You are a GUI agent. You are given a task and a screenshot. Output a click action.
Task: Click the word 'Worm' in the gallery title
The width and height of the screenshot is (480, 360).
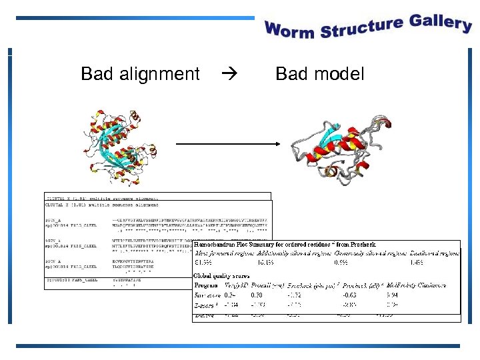(x=289, y=30)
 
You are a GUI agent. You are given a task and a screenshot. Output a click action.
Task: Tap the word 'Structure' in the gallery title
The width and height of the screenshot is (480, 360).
(x=360, y=27)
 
